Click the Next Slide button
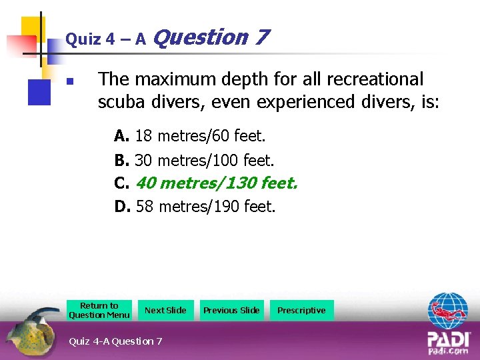[165, 310]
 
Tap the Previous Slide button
[231, 310]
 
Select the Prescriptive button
[301, 310]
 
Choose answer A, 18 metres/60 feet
[190, 137]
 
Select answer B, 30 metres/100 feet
[195, 160]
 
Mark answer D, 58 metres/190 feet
[195, 206]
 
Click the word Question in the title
[200, 37]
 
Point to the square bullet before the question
[69, 83]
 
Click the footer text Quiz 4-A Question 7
[115, 341]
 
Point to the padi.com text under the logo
[448, 351]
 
